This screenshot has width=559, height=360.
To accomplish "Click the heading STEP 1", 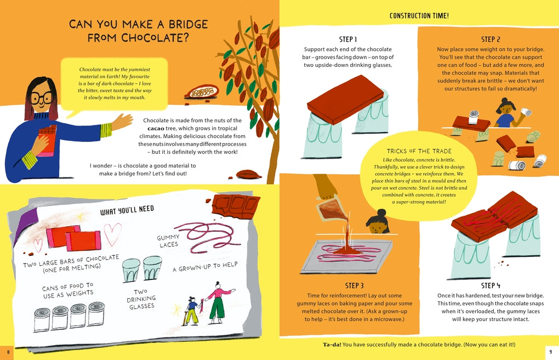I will [349, 39].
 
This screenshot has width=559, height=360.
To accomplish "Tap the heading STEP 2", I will [490, 39].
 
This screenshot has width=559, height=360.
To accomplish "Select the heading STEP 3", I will [355, 285].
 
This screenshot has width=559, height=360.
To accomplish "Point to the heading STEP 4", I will [490, 285].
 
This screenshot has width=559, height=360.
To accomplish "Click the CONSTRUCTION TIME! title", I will [420, 16].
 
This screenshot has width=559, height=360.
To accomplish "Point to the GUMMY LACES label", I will [168, 241].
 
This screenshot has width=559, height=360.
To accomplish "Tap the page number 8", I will [8, 351].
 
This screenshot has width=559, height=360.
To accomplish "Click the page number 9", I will [550, 351].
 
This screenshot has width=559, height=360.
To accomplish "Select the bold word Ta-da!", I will [333, 344].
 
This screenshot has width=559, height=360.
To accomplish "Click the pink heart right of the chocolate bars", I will [113, 235].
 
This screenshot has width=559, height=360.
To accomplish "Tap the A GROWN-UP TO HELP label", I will [206, 267].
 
